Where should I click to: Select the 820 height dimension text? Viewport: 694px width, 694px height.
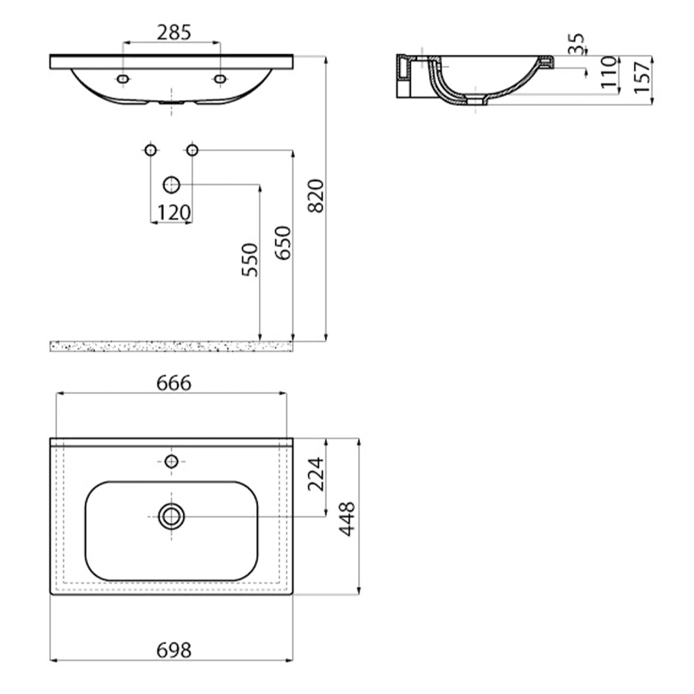click(315, 196)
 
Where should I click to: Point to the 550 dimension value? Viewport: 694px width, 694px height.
click(250, 260)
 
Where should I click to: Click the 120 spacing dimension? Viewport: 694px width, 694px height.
click(171, 213)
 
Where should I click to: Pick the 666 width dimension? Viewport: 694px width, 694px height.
click(171, 383)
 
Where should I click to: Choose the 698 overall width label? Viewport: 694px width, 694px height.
click(171, 650)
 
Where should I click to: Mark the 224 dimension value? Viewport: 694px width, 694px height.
click(316, 474)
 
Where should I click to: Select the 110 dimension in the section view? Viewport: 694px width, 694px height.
click(609, 72)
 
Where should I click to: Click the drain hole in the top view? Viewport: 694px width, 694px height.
click(171, 516)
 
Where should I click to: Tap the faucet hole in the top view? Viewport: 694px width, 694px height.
click(171, 461)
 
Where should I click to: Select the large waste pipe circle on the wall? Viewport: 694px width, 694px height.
click(171, 185)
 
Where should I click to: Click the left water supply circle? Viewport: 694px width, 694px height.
click(151, 150)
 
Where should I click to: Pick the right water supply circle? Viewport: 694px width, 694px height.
click(192, 150)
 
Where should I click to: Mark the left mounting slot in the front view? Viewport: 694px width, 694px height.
click(123, 80)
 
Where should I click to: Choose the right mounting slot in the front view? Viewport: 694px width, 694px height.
click(220, 80)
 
